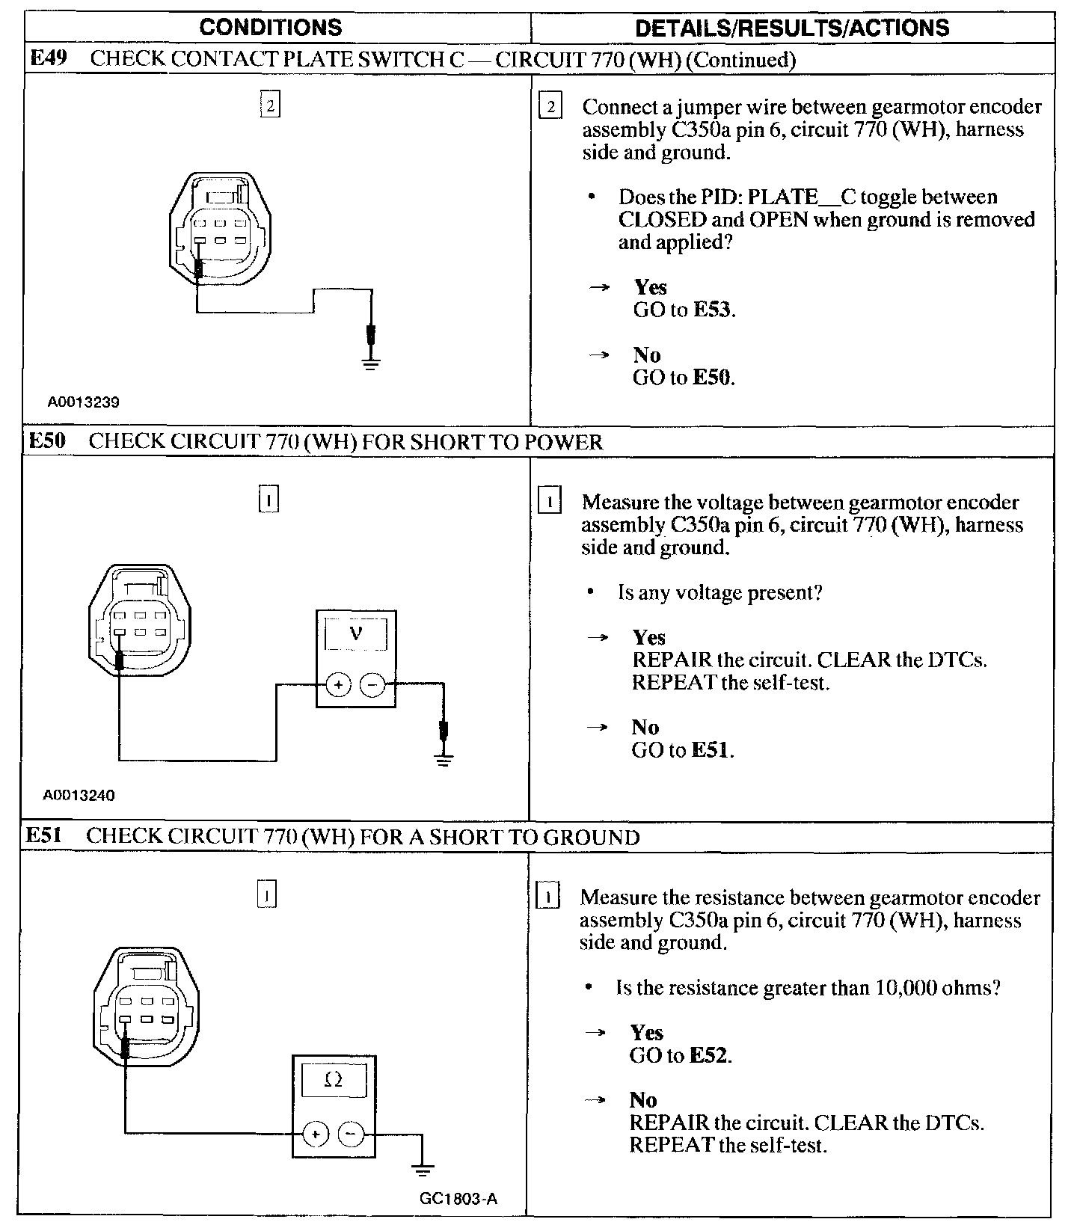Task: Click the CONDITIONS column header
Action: click(x=271, y=28)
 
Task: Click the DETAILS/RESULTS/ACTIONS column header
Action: click(x=791, y=28)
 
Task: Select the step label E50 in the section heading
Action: click(x=46, y=441)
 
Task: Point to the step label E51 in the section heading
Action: click(x=43, y=836)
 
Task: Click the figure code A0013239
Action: click(x=84, y=402)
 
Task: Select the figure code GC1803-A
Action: click(x=458, y=1200)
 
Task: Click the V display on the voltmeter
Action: click(x=355, y=634)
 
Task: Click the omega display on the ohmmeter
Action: click(x=334, y=1080)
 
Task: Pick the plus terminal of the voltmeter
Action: click(x=338, y=684)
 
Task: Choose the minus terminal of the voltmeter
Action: click(x=373, y=684)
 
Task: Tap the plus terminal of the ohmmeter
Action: click(x=316, y=1135)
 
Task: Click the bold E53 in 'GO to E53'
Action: click(x=713, y=310)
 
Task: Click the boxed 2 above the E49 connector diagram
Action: click(x=270, y=105)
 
